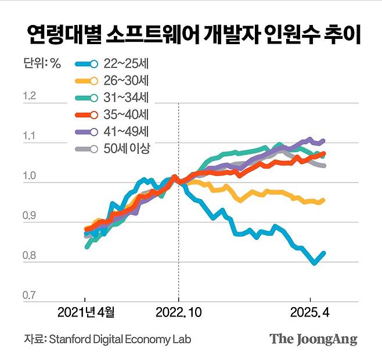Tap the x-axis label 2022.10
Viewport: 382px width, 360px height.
[x=179, y=313]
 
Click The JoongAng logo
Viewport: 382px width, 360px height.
[x=313, y=339]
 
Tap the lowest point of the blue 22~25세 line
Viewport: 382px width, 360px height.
[x=314, y=264]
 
